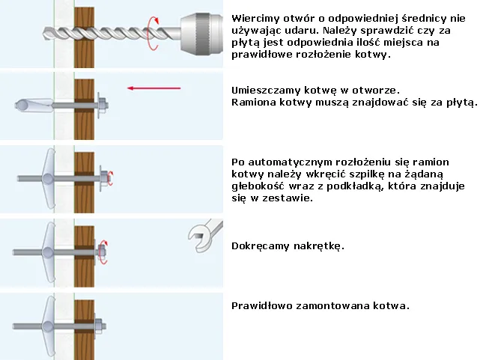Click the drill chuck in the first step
click(x=201, y=34)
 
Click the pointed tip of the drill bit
click(x=43, y=33)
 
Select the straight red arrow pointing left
click(x=154, y=88)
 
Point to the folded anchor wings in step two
click(x=34, y=105)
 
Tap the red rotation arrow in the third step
click(x=111, y=178)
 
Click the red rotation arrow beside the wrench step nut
click(x=104, y=252)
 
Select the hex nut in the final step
click(x=99, y=326)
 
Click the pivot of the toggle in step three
click(x=47, y=179)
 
